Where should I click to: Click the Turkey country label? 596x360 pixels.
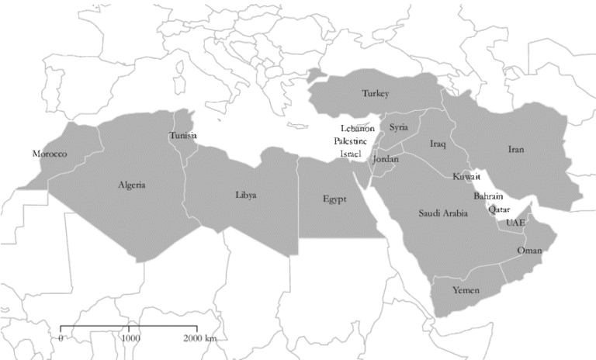pyautogui.click(x=374, y=94)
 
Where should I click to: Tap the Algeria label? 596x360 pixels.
pyautogui.click(x=131, y=185)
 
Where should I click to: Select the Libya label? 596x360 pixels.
pyautogui.click(x=245, y=195)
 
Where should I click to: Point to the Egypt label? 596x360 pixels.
pyautogui.click(x=334, y=199)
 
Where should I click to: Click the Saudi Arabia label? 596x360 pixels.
pyautogui.click(x=443, y=213)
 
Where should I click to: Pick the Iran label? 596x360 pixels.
pyautogui.click(x=517, y=149)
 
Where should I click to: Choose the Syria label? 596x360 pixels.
pyautogui.click(x=399, y=126)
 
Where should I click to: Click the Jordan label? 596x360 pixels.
pyautogui.click(x=386, y=159)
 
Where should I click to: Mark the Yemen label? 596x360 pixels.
pyautogui.click(x=466, y=290)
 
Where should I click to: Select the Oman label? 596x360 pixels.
pyautogui.click(x=529, y=251)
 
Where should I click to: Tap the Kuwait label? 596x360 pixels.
pyautogui.click(x=466, y=177)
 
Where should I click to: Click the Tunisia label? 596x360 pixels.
pyautogui.click(x=182, y=136)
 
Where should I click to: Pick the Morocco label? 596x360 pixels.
pyautogui.click(x=50, y=154)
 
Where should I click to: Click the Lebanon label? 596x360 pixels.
pyautogui.click(x=357, y=127)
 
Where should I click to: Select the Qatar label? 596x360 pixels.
pyautogui.click(x=500, y=208)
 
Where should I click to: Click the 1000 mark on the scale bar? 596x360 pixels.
pyautogui.click(x=130, y=339)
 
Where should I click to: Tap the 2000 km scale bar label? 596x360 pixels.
pyautogui.click(x=199, y=339)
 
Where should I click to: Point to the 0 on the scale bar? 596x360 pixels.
pyautogui.click(x=61, y=339)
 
